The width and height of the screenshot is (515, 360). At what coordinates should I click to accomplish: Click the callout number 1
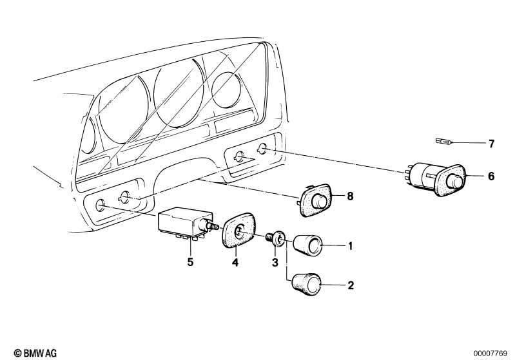coord(350,246)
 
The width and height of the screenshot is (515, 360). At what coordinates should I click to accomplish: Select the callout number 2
coord(351,285)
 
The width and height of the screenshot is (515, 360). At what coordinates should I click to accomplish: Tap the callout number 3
coord(275,262)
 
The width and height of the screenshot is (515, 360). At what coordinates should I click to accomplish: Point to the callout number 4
coord(235,262)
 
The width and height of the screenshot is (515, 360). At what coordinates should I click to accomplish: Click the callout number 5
coord(191,262)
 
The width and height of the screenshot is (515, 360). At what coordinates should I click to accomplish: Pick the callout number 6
coord(491,176)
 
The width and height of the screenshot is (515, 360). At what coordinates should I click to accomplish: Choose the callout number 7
coord(491,144)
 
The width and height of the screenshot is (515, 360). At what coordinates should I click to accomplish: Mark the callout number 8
coord(350,196)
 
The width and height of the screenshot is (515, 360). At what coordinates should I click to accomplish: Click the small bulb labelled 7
coord(443,142)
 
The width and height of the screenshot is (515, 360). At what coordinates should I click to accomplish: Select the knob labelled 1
coord(307,245)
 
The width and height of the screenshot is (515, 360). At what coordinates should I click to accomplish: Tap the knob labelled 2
coord(306,284)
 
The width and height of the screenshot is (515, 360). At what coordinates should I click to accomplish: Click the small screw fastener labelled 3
coord(275,238)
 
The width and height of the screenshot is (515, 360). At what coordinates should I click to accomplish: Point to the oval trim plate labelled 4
coord(238,231)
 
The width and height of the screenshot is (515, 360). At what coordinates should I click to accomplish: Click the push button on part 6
coord(454,181)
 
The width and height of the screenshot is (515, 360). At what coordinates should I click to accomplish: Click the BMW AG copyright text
coord(35,353)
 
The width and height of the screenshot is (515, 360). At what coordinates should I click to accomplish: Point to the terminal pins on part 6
coord(408,174)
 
